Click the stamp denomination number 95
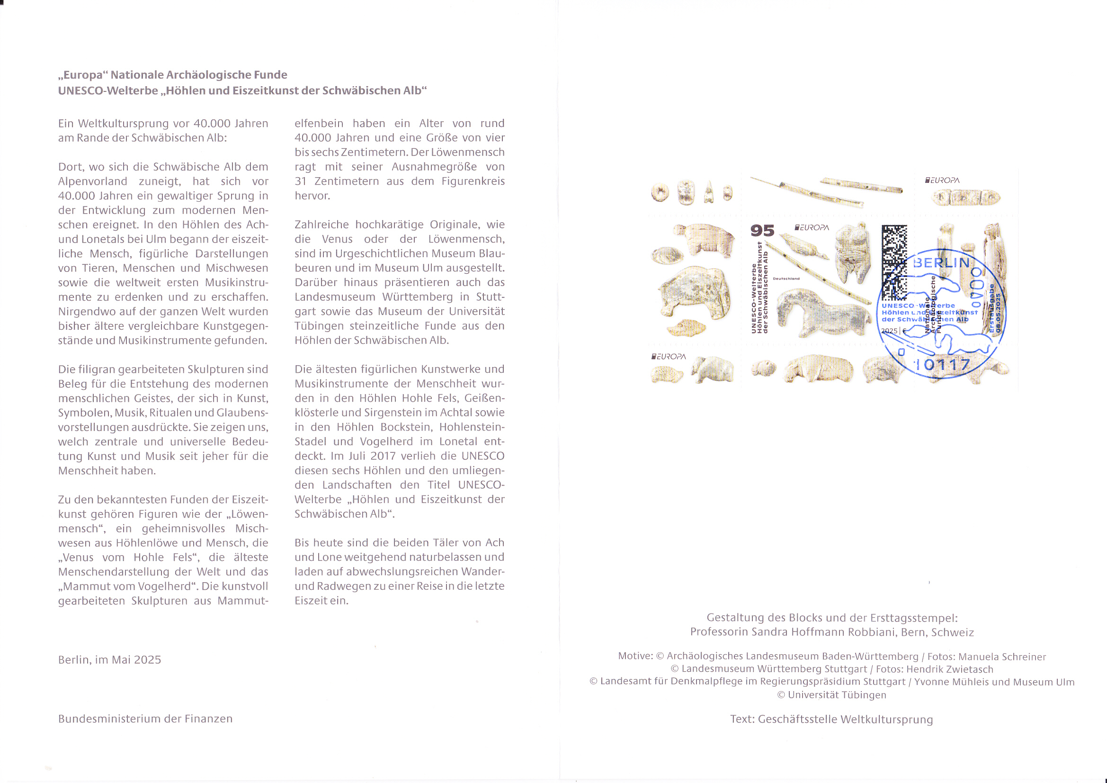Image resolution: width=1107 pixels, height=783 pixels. pyautogui.click(x=762, y=231)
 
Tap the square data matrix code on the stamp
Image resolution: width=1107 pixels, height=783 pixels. pyautogui.click(x=894, y=261)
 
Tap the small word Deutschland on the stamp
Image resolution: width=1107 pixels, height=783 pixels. pyautogui.click(x=786, y=279)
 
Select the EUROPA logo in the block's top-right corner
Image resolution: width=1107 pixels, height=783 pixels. pyautogui.click(x=942, y=180)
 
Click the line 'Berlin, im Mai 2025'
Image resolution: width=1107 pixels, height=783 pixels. pyautogui.click(x=109, y=659)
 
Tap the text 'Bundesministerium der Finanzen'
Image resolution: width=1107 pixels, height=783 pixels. pyautogui.click(x=145, y=719)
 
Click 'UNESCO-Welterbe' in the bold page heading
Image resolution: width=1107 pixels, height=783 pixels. pyautogui.click(x=107, y=90)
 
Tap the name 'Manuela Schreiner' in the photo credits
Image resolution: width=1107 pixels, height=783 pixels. pyautogui.click(x=1002, y=657)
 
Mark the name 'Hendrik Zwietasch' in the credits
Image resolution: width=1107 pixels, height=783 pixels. pyautogui.click(x=950, y=669)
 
